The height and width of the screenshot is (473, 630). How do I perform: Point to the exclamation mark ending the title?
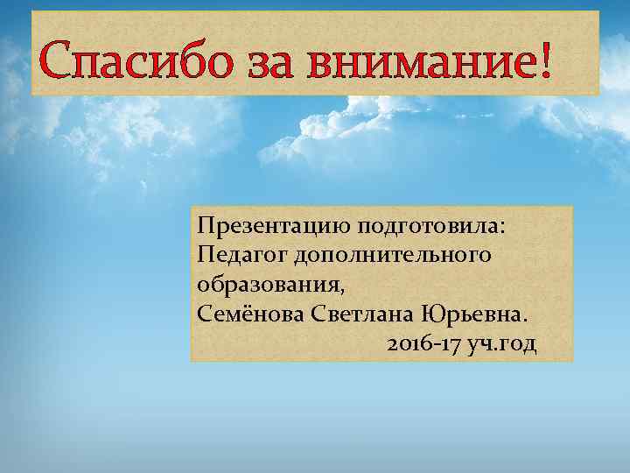pyautogui.click(x=547, y=60)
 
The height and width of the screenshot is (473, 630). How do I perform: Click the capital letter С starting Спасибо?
pyautogui.click(x=59, y=61)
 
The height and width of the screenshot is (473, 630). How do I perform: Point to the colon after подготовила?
pyautogui.click(x=502, y=228)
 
